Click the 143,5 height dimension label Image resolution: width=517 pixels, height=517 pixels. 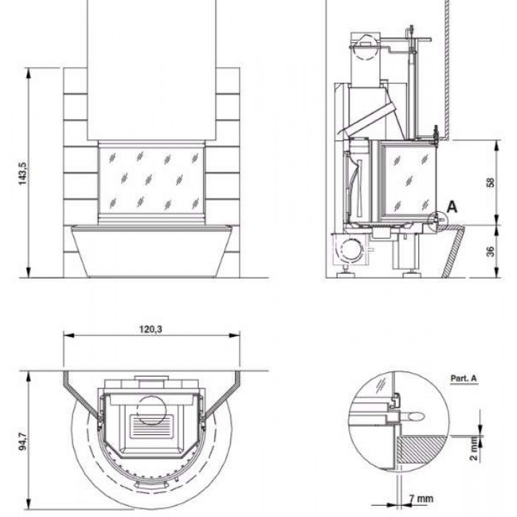[23, 174]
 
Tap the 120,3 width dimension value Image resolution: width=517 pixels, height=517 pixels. [151, 329]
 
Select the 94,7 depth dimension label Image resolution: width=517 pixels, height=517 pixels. [23, 442]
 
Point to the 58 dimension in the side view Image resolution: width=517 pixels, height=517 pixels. [490, 182]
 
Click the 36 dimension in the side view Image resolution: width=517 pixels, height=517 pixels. [490, 251]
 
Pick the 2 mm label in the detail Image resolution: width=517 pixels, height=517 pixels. [474, 448]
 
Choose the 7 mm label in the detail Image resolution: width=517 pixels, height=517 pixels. [421, 499]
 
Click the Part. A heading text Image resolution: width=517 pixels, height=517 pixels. [464, 378]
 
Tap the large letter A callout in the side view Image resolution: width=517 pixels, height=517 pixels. [452, 207]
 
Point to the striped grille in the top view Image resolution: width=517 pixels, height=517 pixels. [151, 427]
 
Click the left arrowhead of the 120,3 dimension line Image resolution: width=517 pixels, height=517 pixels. [69, 335]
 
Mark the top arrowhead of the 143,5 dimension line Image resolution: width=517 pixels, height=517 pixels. [29, 73]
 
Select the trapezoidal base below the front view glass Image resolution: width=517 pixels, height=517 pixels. [151, 251]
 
